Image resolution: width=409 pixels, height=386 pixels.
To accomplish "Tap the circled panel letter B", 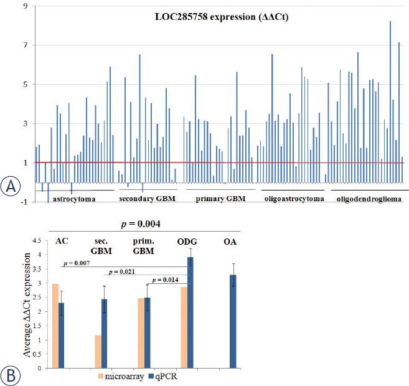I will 12,375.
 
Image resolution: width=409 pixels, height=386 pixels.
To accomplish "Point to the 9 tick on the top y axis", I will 24,6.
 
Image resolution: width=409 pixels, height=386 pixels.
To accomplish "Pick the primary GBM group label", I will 220,199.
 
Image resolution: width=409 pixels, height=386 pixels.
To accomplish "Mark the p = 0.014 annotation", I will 165,280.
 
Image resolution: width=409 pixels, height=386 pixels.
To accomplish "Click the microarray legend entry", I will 123,376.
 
